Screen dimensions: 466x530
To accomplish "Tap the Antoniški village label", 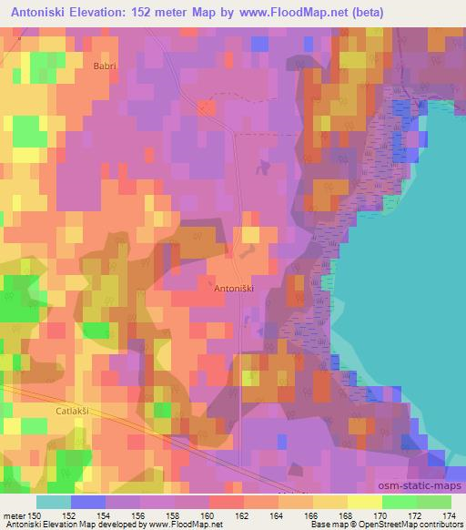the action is tap(232, 288).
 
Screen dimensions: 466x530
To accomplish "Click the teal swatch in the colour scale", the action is tap(53, 502).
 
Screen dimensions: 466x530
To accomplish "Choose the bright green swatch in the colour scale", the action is tap(400, 502).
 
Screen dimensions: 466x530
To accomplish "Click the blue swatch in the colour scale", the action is tap(87, 502).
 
